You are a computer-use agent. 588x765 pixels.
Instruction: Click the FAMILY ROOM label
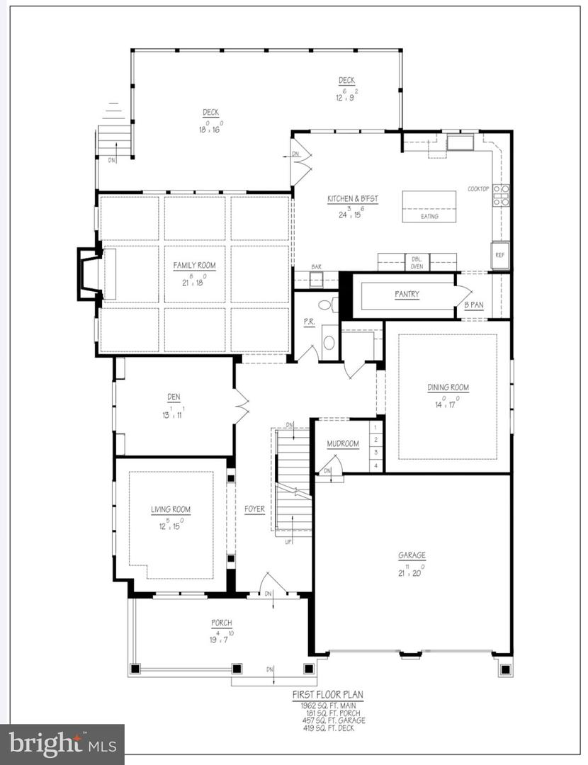195,266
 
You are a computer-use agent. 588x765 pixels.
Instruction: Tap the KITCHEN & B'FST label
352,200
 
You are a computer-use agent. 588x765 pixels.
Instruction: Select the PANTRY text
407,294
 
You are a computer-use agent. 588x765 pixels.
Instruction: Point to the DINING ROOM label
448,387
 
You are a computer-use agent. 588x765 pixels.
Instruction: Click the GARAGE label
412,556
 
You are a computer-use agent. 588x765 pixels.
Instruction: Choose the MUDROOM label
343,444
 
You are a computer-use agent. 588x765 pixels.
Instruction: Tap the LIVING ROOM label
171,509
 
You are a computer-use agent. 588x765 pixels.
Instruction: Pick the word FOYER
254,509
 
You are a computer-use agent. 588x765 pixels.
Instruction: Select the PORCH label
221,623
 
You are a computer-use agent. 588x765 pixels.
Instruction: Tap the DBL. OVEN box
417,261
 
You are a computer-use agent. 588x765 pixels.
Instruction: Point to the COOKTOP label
478,188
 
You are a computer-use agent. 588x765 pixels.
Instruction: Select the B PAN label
474,305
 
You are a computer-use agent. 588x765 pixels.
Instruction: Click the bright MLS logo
62,744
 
